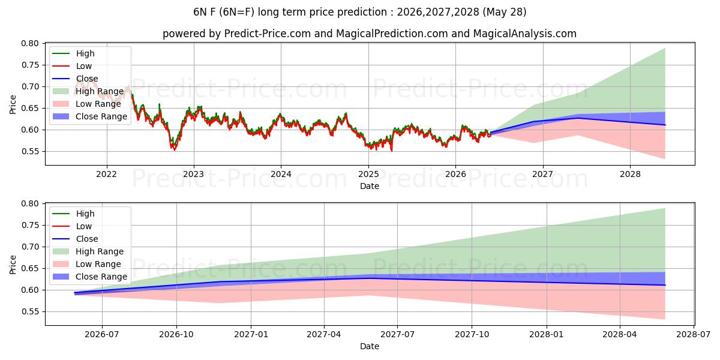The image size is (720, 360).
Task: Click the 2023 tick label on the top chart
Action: tap(193, 174)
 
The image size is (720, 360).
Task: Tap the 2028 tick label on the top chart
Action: tap(630, 174)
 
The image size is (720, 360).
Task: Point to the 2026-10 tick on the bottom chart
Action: tap(176, 335)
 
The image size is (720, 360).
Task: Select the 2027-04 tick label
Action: tap(324, 335)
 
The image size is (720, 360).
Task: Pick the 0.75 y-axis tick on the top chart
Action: tap(30, 65)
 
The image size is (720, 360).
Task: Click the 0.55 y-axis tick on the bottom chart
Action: tap(30, 312)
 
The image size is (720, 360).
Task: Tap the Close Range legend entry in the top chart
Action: tap(90, 116)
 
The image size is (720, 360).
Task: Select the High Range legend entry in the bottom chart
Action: tap(88, 251)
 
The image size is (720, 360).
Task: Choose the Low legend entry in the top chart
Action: tap(72, 66)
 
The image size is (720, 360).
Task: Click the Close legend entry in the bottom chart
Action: tap(75, 239)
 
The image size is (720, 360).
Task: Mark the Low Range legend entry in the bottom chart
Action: tap(87, 264)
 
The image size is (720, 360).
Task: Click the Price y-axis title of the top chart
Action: tap(13, 104)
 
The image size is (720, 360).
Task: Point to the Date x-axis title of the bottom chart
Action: tap(370, 346)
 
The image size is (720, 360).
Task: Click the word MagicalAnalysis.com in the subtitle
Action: tap(525, 34)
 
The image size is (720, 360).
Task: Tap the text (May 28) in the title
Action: tap(505, 12)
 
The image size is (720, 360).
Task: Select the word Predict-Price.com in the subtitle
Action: tap(268, 34)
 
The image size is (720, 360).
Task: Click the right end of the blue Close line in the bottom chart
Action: tap(665, 285)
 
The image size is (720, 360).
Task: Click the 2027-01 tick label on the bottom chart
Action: tap(251, 335)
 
